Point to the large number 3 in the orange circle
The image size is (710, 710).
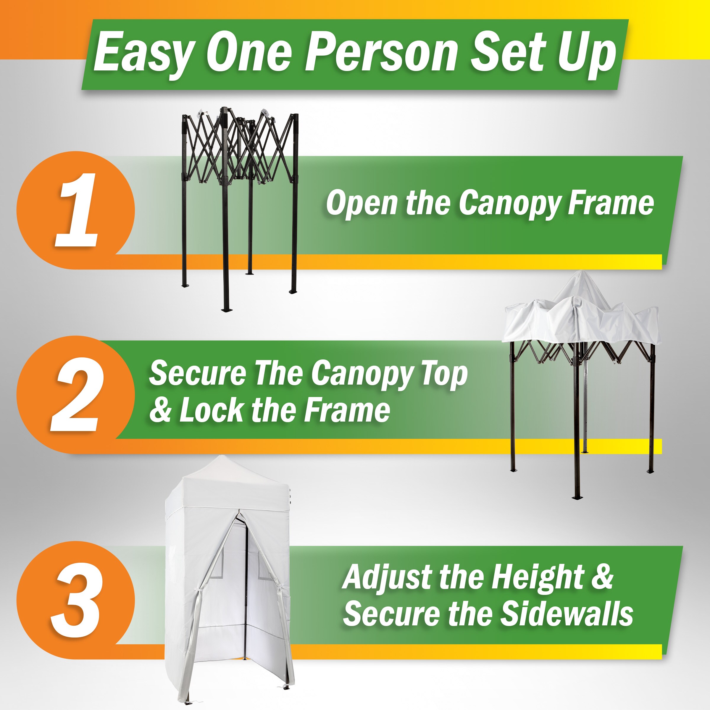(75, 601)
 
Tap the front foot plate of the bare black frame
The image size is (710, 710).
(226, 310)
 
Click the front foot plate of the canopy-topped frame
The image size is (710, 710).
(576, 498)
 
